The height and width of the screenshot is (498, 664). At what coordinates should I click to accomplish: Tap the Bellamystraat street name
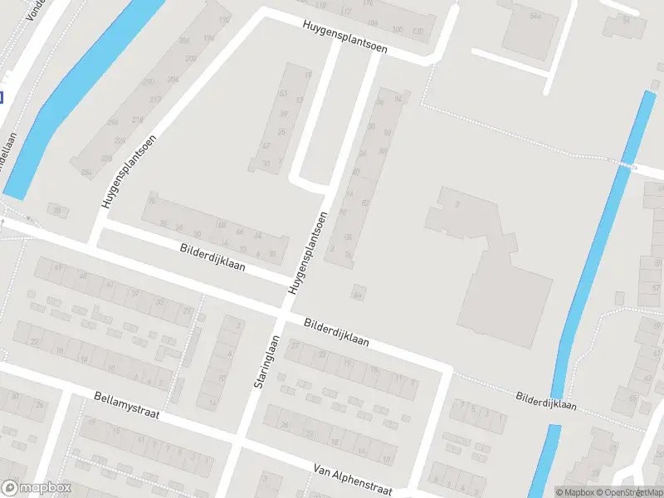126,406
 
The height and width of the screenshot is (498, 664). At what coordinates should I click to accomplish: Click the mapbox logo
37,488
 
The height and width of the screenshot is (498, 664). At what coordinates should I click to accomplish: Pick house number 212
155,100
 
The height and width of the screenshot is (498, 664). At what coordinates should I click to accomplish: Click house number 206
173,80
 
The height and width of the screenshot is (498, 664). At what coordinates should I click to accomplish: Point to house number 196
208,39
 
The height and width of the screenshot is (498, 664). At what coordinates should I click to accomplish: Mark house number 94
398,99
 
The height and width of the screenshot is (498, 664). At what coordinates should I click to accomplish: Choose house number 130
419,32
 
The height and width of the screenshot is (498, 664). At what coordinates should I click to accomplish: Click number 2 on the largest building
456,204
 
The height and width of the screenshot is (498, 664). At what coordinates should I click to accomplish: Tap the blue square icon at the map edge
1,97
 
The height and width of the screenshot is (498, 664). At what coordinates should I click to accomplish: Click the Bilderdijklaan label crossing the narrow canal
545,402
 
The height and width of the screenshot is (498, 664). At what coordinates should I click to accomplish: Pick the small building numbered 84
358,294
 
